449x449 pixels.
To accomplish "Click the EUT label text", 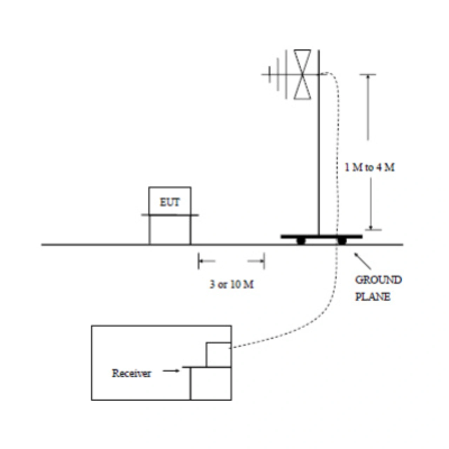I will (x=170, y=202).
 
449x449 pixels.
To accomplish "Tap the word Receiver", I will (x=132, y=373).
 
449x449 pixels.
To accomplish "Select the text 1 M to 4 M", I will (x=369, y=167).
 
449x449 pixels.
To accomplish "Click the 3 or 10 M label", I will (x=232, y=284).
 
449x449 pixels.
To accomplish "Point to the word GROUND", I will (x=378, y=280).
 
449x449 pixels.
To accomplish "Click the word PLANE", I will (x=373, y=297).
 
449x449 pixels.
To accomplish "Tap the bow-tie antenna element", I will (x=302, y=74).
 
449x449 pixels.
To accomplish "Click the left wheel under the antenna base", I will (x=301, y=241).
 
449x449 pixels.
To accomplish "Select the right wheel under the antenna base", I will (x=342, y=241).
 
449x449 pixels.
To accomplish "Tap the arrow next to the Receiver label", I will (x=171, y=370).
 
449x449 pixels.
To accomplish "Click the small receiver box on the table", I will (x=218, y=355).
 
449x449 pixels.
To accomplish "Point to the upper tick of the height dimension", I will (x=368, y=75).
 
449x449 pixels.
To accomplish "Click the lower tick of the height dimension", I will (x=373, y=230).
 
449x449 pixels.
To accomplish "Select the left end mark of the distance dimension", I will (x=199, y=261).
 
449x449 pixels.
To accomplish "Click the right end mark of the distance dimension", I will (x=264, y=261).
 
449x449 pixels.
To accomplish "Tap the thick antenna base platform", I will (x=321, y=237).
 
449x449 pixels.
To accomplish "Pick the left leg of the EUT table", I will (x=149, y=230).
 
